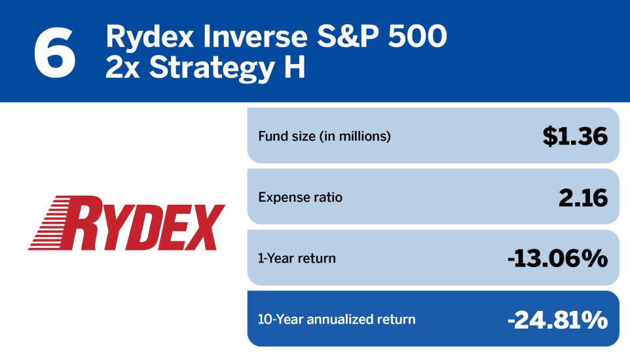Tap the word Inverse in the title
[255, 36]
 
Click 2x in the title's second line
[122, 67]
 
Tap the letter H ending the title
[295, 67]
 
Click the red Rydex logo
[126, 223]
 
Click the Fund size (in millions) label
[324, 136]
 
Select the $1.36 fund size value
[575, 136]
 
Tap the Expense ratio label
[300, 197]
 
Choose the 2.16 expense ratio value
[583, 198]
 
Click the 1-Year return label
[297, 259]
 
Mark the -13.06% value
[558, 259]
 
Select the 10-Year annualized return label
[337, 319]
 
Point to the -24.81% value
[558, 320]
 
